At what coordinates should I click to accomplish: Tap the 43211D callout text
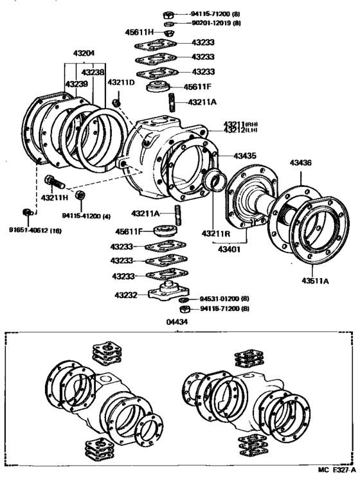pos(120,82)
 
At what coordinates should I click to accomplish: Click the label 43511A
pos(315,280)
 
